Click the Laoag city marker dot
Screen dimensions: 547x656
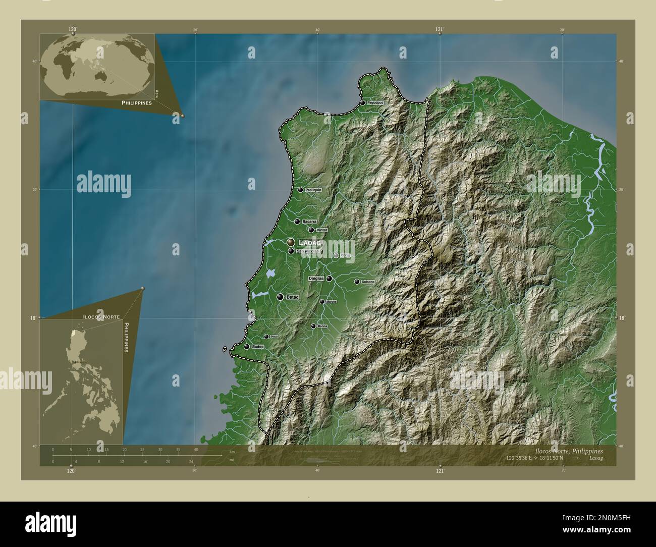[x=291, y=243]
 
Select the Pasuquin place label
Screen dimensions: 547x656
[x=313, y=190]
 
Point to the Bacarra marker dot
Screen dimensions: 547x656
[x=297, y=221]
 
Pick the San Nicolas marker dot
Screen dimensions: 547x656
[x=291, y=251]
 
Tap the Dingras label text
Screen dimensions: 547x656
[x=316, y=278]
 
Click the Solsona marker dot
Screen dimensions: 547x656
[x=357, y=282]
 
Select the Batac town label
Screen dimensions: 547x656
[x=293, y=297]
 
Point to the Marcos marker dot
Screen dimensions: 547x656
[x=322, y=302]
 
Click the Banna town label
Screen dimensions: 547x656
[x=323, y=326]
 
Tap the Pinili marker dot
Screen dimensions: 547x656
[x=266, y=337]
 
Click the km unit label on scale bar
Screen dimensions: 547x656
[x=232, y=452]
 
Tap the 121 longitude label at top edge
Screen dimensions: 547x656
[x=440, y=29]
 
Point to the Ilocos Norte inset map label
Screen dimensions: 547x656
[x=101, y=316]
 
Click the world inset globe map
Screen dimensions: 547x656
[x=97, y=66]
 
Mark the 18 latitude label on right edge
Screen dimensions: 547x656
[x=621, y=318]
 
